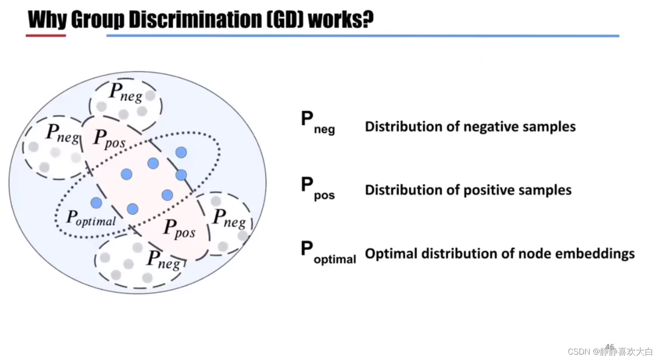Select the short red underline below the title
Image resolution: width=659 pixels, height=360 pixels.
[x=46, y=35]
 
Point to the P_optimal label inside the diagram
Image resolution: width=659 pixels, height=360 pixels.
[x=91, y=218]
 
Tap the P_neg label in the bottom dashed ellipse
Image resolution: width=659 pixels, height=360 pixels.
[x=164, y=259]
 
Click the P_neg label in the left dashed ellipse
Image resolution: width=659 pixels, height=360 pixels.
[x=63, y=133]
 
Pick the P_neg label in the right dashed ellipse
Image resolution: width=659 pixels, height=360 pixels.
[x=229, y=218]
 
